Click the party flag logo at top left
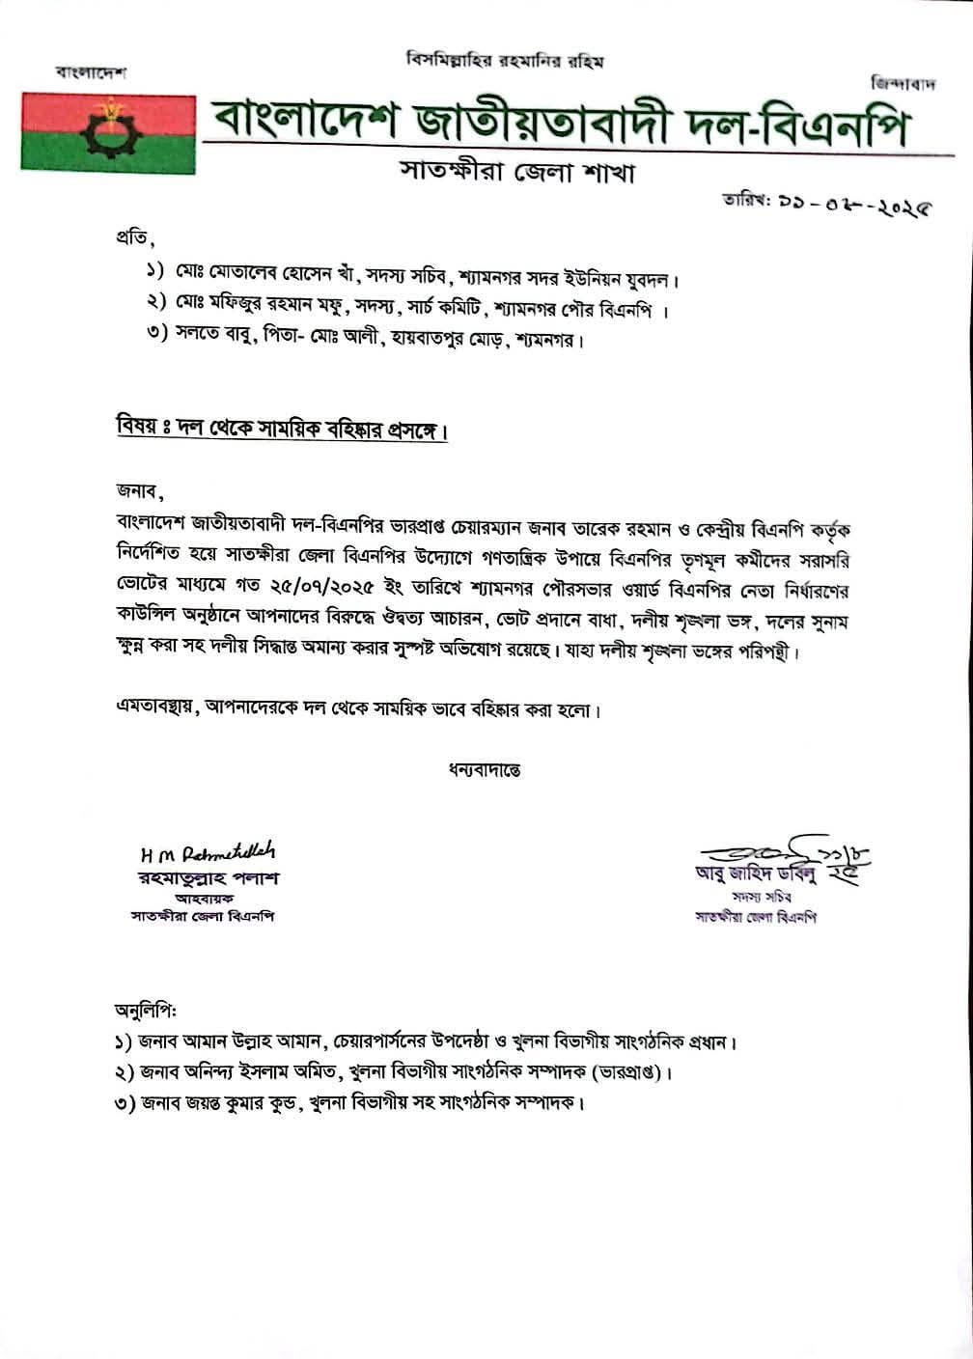coord(107,131)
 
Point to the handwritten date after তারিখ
coord(858,207)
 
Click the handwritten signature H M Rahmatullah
coord(208,853)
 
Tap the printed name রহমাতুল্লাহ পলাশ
coord(208,878)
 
